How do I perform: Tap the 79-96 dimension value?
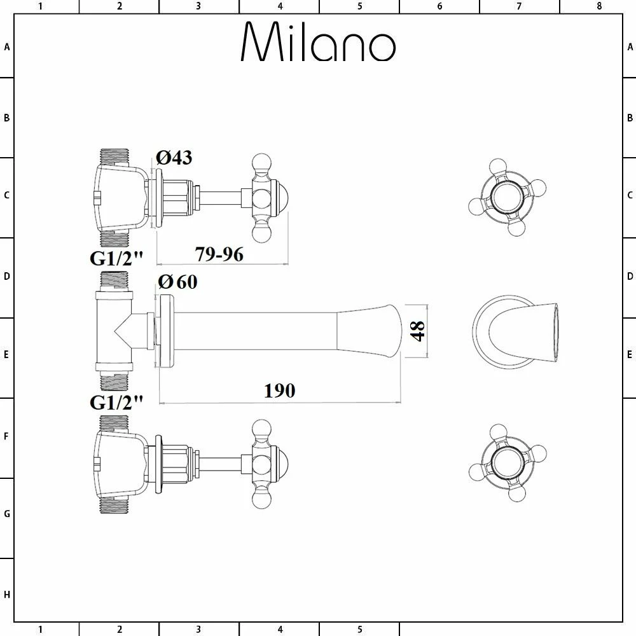[x=219, y=254]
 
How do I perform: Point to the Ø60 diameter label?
[x=177, y=282]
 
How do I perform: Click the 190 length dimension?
[x=280, y=390]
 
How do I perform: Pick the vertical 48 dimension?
[x=417, y=331]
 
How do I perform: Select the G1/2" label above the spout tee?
[x=117, y=259]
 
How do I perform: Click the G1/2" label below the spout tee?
[x=117, y=402]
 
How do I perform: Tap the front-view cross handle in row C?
[x=507, y=196]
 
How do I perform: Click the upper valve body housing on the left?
[x=121, y=198]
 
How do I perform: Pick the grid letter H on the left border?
[x=7, y=595]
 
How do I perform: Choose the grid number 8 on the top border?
[x=598, y=6]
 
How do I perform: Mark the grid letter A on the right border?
[x=630, y=46]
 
